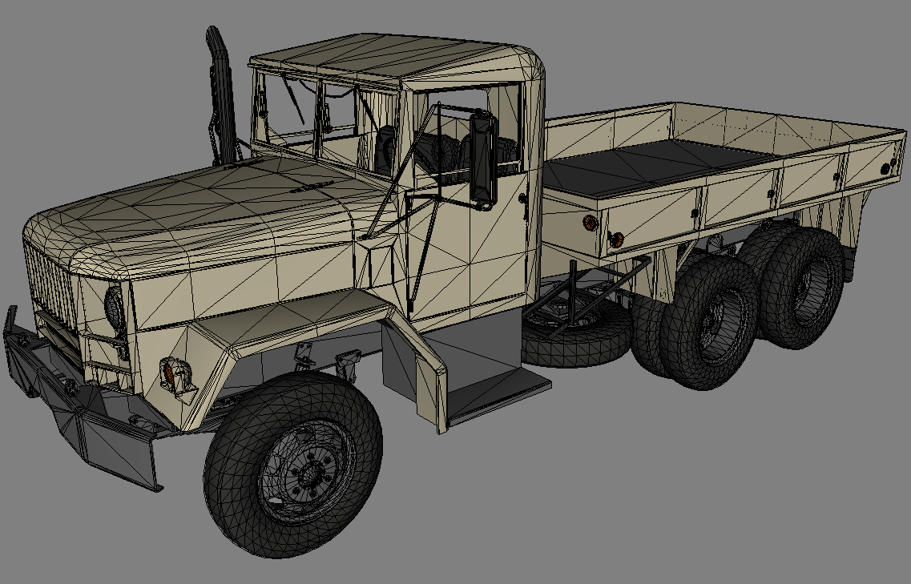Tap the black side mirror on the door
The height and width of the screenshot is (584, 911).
(x=484, y=158)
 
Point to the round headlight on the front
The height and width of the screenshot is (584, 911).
(x=114, y=308)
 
